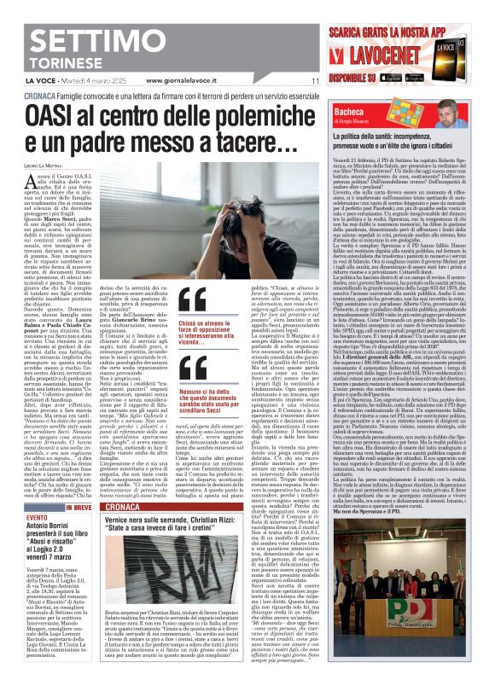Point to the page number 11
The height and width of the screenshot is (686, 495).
315,80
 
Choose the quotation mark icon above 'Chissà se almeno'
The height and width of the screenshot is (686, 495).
192,300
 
